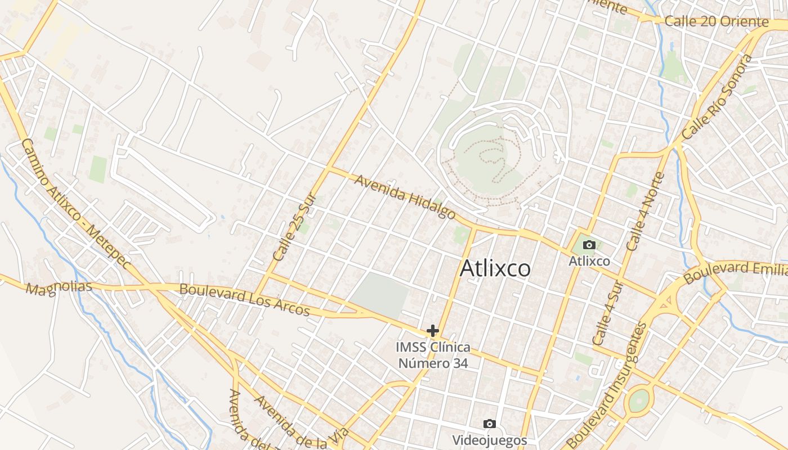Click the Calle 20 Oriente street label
click(716, 22)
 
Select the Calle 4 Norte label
click(646, 211)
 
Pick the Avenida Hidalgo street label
click(405, 196)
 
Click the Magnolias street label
click(59, 287)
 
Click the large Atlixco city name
click(495, 268)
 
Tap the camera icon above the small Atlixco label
click(589, 245)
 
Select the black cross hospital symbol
click(432, 330)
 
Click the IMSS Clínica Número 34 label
click(433, 355)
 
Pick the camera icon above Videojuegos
click(490, 424)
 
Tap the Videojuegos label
click(490, 440)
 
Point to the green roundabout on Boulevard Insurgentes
click(638, 400)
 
